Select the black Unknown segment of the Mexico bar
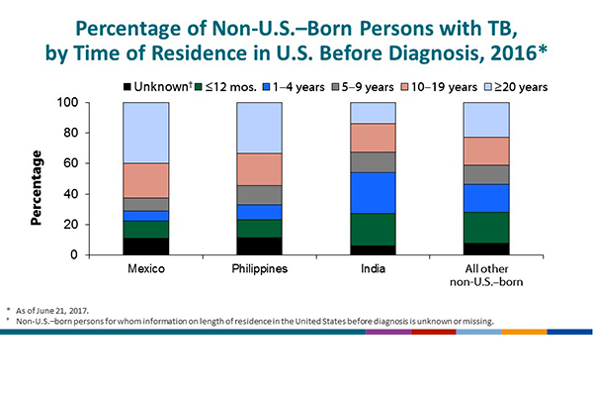(x=145, y=247)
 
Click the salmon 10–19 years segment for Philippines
(x=259, y=169)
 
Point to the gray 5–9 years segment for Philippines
(x=259, y=195)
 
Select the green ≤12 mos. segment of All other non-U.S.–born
(x=487, y=228)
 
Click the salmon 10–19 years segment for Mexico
(x=145, y=180)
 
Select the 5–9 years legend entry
(x=373, y=87)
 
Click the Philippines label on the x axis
(x=259, y=268)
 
